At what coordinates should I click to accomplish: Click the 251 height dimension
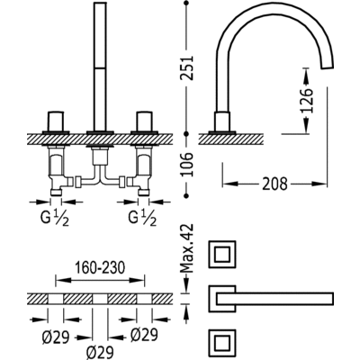pos(187,67)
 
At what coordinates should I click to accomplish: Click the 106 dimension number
pos(187,165)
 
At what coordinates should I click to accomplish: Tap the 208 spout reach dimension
pos(274,184)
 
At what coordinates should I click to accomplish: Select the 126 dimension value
pos(306,101)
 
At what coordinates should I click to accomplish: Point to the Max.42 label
pos(187,248)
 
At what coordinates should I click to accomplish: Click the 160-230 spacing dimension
pos(100,268)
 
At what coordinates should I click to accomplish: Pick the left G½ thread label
pos(55,218)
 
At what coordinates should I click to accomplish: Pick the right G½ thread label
pos(143,218)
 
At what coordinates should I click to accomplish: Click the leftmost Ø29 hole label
pos(56,337)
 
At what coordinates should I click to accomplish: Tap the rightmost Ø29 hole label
pos(144,335)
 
